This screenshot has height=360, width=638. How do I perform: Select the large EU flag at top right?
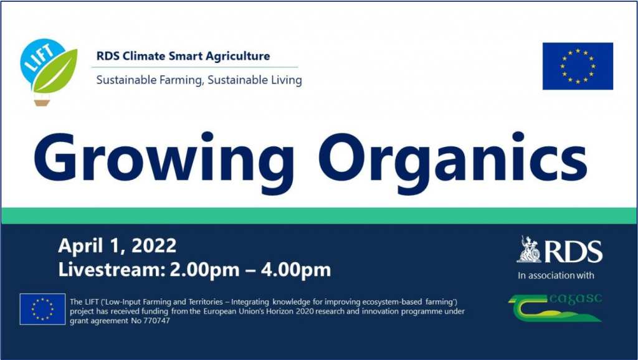[x=578, y=66]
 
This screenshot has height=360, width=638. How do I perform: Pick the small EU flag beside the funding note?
[x=42, y=309]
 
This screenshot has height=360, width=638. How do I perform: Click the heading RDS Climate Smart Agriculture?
[x=183, y=55]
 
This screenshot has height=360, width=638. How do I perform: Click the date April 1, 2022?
[x=117, y=245]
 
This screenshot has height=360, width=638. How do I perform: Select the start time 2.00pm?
[x=204, y=270]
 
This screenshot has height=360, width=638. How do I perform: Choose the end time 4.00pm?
[x=296, y=270]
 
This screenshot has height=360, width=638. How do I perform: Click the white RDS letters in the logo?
[x=573, y=252]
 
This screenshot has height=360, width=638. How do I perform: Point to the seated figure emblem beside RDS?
[x=530, y=249]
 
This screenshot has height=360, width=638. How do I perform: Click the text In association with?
[x=556, y=276]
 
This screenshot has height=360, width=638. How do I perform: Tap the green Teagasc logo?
[x=555, y=308]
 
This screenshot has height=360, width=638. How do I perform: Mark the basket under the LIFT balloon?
[x=42, y=102]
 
